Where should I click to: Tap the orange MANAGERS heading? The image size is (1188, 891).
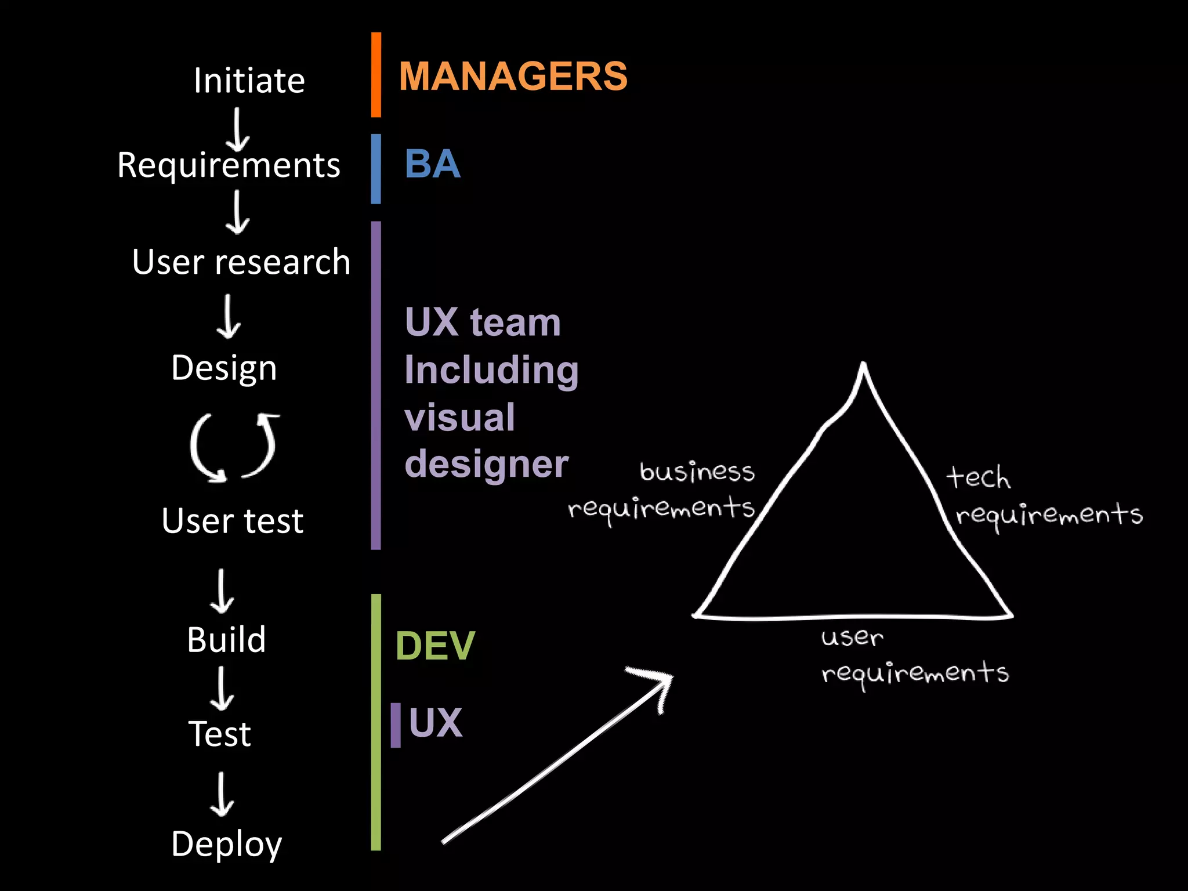[x=513, y=76]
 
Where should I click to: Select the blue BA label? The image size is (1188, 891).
[x=432, y=164]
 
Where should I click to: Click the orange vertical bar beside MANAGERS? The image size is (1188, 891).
[x=376, y=75]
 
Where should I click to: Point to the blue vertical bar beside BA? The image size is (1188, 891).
[x=376, y=169]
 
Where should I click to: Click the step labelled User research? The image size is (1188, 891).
[x=241, y=262]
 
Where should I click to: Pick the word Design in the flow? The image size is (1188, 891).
[x=224, y=368]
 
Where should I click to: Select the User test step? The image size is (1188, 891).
[x=232, y=520]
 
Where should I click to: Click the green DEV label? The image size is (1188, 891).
[x=434, y=646]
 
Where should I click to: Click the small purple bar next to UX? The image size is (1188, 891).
[x=396, y=725]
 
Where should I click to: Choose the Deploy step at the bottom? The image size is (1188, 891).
[x=226, y=843]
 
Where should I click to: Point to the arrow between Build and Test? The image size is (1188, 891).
[x=222, y=689]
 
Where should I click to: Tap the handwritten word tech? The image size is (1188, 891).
[x=978, y=477]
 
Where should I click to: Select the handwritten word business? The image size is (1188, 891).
[x=697, y=471]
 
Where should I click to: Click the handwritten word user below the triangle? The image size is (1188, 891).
[x=852, y=638]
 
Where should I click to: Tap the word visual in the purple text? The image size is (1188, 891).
[x=459, y=417]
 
